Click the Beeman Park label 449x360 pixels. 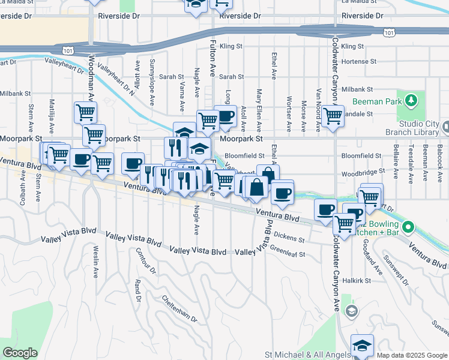pyautogui.click(x=377, y=101)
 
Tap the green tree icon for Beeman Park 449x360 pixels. pyautogui.click(x=411, y=100)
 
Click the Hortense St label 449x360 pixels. pyautogui.click(x=358, y=61)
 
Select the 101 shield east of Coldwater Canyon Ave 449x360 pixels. pyautogui.click(x=389, y=33)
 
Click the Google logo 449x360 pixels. pyautogui.click(x=20, y=353)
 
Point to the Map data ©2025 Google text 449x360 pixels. pyautogui.click(x=411, y=355)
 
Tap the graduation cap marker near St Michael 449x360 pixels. pyautogui.click(x=362, y=346)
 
